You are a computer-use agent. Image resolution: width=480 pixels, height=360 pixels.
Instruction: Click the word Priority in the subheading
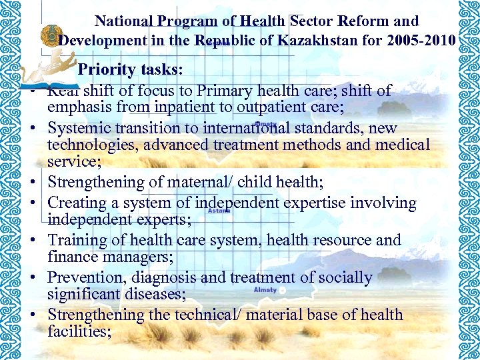click(x=108, y=70)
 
